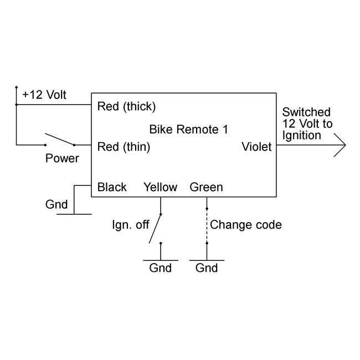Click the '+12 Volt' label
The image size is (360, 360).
pos(44,95)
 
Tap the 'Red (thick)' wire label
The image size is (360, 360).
pos(126,106)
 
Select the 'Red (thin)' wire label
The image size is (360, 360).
pos(124,147)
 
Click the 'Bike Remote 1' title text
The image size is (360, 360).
pos(188,130)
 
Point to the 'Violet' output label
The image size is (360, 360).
pos(256,147)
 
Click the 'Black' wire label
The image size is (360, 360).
pos(112,187)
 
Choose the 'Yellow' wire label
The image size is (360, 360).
pos(160,187)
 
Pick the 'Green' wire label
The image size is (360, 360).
pos(206,187)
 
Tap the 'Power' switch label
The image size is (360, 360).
pos(62,158)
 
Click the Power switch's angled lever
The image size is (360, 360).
pos(60,139)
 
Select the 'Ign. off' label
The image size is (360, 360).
pos(131,225)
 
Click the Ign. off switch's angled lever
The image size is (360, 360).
pos(156,228)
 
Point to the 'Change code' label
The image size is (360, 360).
pos(246,225)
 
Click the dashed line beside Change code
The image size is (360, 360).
pos(207,225)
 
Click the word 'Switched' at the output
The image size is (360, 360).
pos(307,112)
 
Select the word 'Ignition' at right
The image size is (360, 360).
pos(302,136)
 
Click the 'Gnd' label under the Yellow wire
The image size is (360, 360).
pos(161,268)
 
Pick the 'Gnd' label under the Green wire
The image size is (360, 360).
pos(207,268)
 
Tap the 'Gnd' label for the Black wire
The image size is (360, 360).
pos(56,204)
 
